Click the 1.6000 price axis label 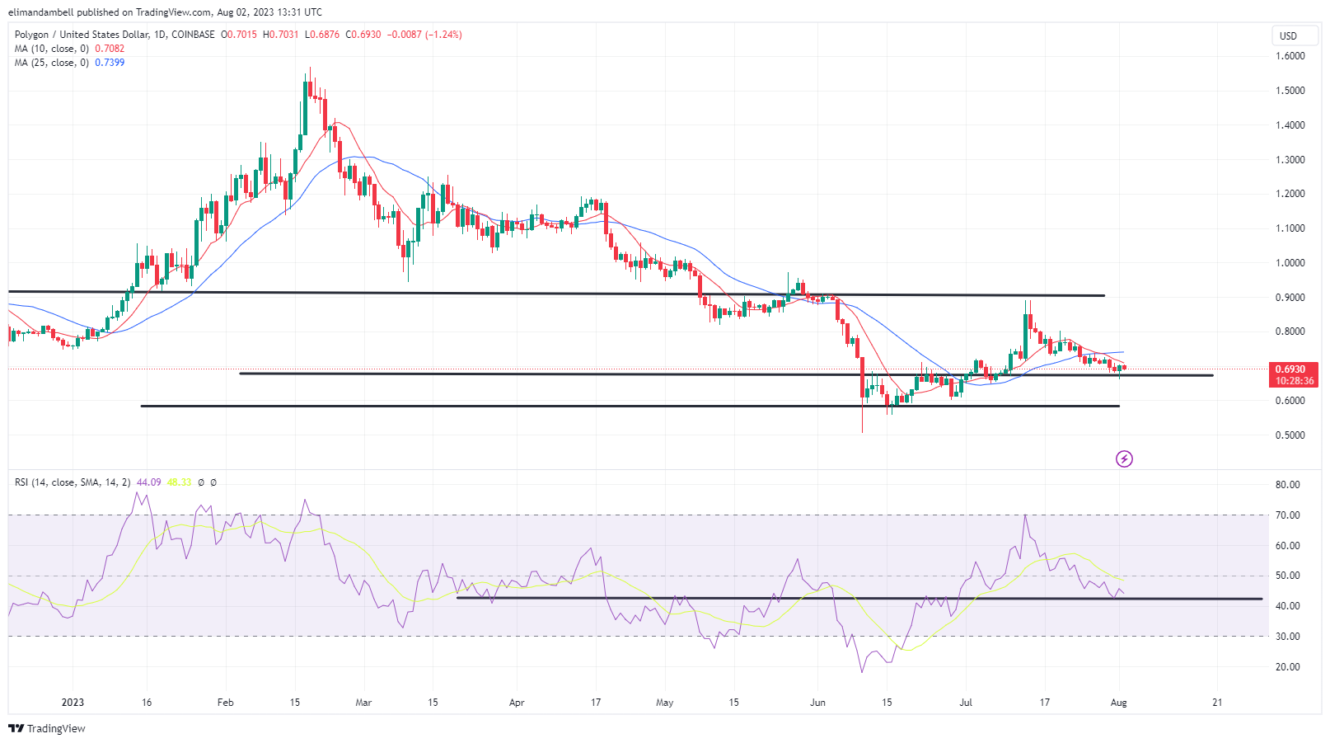click(x=1290, y=56)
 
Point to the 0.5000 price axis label click(x=1290, y=435)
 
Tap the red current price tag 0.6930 click(x=1290, y=369)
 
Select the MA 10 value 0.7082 click(x=110, y=49)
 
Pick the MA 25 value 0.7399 click(x=110, y=63)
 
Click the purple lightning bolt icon click(x=1124, y=458)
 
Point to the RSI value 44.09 click(x=148, y=482)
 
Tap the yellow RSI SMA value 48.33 click(x=179, y=482)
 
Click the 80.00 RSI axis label click(x=1287, y=485)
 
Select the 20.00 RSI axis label click(x=1287, y=667)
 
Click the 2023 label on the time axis click(x=73, y=703)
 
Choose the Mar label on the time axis click(x=363, y=703)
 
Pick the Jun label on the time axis click(x=817, y=703)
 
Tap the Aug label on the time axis click(x=1118, y=703)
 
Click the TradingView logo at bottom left click(x=47, y=729)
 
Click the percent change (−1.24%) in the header click(x=443, y=35)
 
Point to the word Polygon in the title click(x=32, y=35)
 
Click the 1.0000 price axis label click(x=1290, y=263)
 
